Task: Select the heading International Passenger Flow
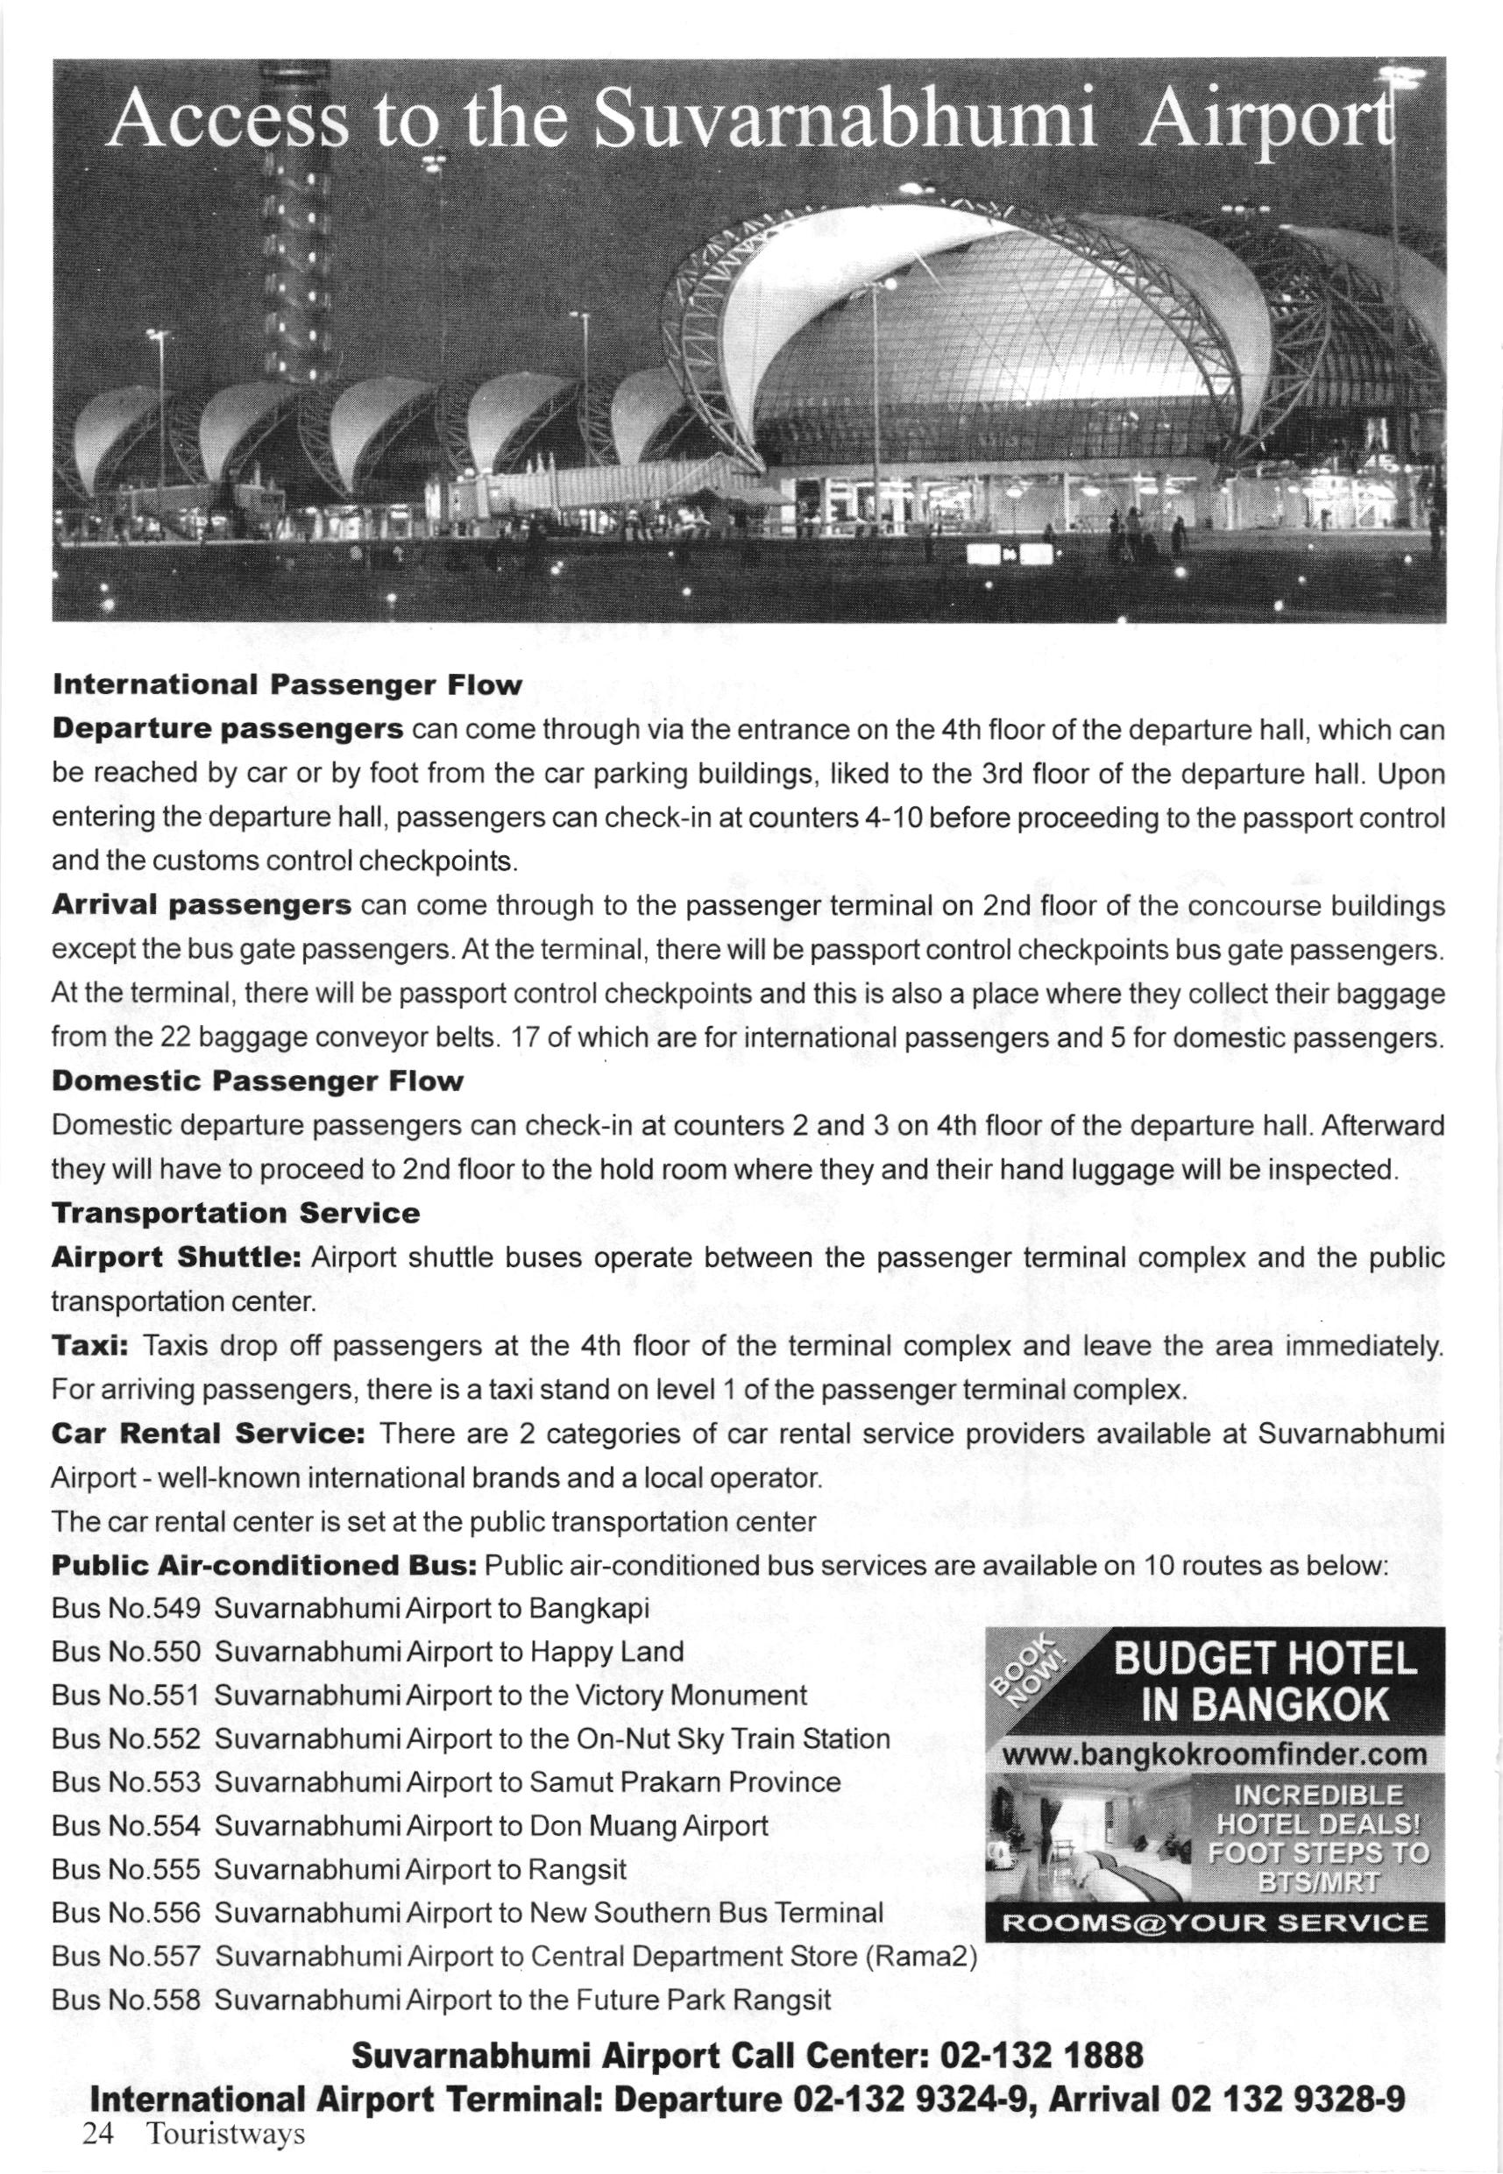[287, 684]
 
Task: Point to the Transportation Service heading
[236, 1213]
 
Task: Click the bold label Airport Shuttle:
[175, 1257]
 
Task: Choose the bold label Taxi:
[89, 1345]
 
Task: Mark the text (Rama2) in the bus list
[927, 1957]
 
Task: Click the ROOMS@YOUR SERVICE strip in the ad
[1214, 1922]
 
